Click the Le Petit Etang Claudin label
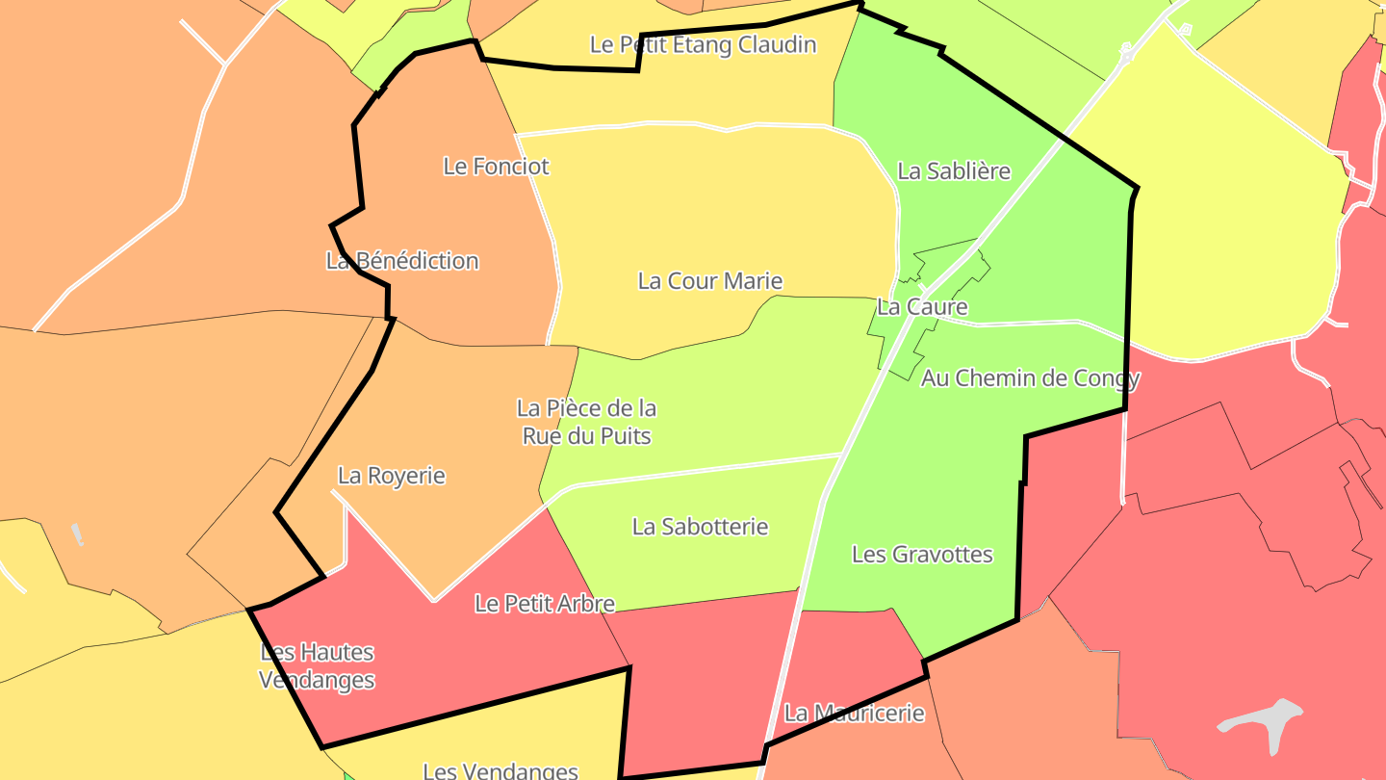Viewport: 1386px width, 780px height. [703, 44]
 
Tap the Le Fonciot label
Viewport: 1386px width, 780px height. [496, 166]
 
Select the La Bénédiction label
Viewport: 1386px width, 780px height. [402, 260]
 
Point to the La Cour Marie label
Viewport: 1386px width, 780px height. [710, 280]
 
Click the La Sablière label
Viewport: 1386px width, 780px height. [954, 170]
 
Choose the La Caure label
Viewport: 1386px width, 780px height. [922, 306]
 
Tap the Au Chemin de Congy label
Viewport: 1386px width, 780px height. [1030, 377]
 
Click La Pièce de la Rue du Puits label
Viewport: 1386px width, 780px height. [586, 422]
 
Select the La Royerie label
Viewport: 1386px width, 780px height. [392, 475]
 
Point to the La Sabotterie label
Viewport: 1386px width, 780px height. [700, 526]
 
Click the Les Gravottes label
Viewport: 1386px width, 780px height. [922, 554]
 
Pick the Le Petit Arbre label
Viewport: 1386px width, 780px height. [545, 603]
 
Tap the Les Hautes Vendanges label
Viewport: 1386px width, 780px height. [317, 665]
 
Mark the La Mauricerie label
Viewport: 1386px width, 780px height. [854, 713]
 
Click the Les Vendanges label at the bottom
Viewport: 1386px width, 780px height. [500, 770]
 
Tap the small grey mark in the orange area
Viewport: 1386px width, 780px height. [77, 534]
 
